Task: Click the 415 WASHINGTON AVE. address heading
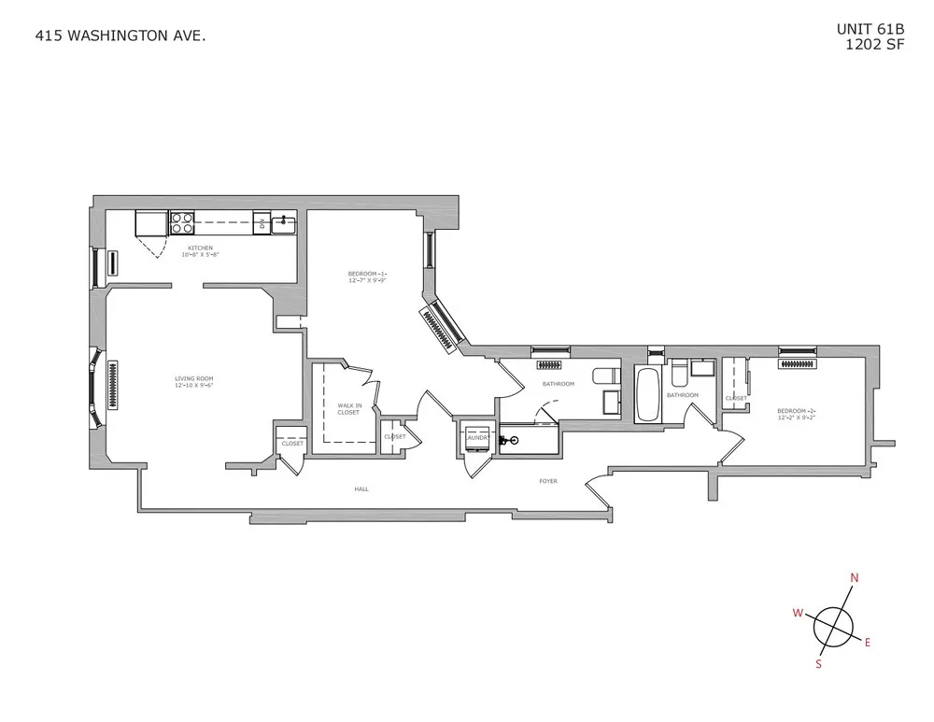120,36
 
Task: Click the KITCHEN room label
200,248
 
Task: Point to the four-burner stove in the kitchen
181,223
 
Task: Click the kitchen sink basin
283,224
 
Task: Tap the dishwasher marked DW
262,222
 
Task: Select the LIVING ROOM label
194,378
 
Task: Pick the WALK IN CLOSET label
348,408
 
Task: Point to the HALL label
361,488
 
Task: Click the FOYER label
547,481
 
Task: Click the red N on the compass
853,577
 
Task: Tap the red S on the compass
818,664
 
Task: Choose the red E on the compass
867,642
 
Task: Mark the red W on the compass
798,613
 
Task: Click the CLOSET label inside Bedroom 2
736,399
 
